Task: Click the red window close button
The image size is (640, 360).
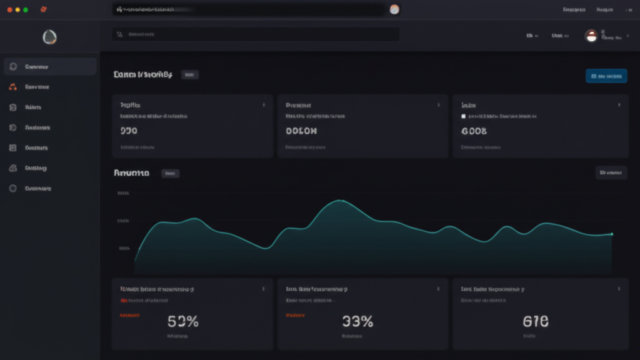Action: (x=9, y=10)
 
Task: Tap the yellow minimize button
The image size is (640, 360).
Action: (x=17, y=10)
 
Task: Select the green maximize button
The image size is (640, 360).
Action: (x=26, y=10)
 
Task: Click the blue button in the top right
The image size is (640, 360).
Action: (x=606, y=76)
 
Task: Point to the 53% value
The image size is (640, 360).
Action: (x=183, y=322)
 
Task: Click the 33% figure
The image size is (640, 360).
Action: (x=357, y=322)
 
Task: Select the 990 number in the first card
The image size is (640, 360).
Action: (x=129, y=131)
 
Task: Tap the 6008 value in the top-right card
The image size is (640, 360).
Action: (x=474, y=131)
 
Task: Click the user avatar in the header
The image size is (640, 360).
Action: (x=591, y=36)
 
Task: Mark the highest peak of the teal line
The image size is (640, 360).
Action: (x=340, y=201)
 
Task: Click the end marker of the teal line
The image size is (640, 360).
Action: (x=612, y=234)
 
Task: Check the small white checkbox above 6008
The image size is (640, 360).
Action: (x=463, y=116)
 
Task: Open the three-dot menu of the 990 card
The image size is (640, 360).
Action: (x=264, y=105)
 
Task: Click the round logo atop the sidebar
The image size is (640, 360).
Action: (x=49, y=37)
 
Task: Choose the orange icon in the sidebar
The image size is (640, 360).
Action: (x=13, y=87)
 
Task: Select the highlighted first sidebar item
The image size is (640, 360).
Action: (x=50, y=67)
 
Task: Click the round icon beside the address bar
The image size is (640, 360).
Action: (x=394, y=9)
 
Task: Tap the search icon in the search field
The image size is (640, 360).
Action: (x=119, y=35)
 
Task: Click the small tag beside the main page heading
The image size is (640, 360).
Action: (x=190, y=75)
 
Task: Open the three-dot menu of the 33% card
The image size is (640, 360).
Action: (x=439, y=289)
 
